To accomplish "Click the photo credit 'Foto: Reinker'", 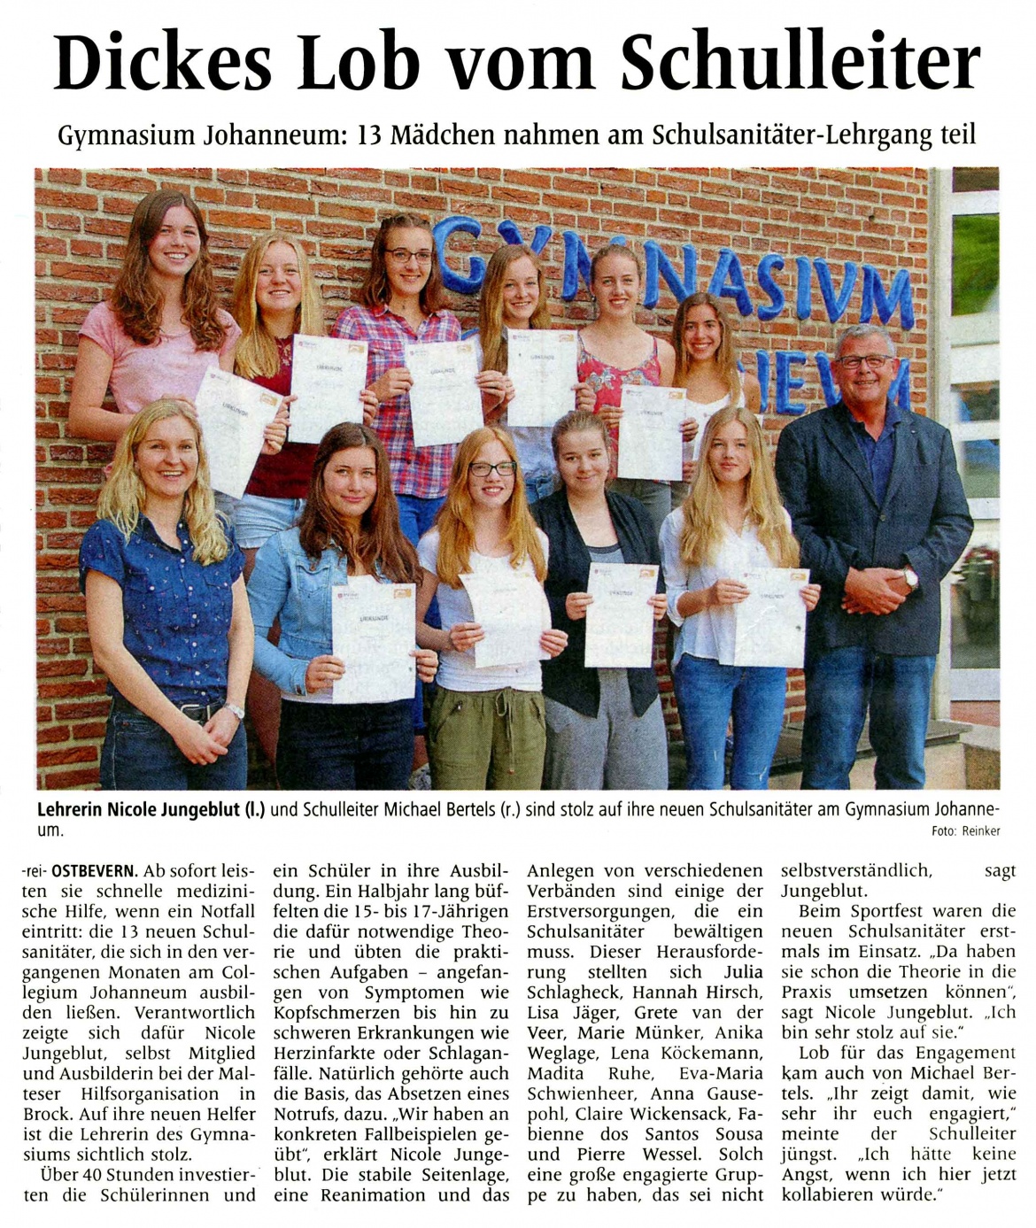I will (x=965, y=830).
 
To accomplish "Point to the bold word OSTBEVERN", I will (x=93, y=870).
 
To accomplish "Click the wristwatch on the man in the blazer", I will (x=909, y=578).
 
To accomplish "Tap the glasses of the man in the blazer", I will (x=864, y=361).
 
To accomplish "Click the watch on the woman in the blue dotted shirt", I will (x=234, y=710).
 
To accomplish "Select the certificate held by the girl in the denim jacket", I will (x=373, y=637).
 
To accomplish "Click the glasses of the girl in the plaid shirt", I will (x=408, y=256).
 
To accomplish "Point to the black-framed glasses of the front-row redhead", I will (x=491, y=468).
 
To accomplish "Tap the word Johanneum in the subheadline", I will (x=274, y=135).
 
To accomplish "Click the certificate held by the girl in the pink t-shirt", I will (x=236, y=430).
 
